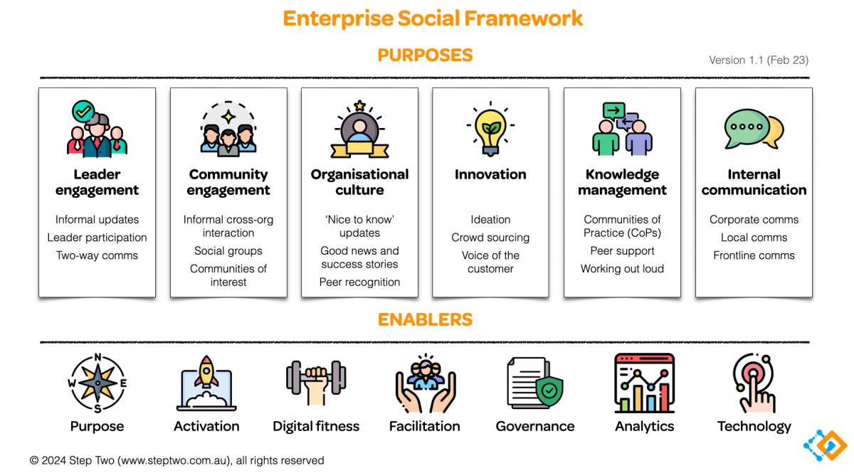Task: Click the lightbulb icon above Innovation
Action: click(490, 129)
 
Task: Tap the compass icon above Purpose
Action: click(97, 383)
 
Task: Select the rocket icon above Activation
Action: click(206, 383)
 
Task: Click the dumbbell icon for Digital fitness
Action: click(316, 383)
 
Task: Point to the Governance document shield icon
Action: click(535, 383)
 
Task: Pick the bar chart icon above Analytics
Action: click(644, 383)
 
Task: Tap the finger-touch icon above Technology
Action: click(754, 383)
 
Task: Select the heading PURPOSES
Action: click(425, 55)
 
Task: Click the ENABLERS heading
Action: click(425, 320)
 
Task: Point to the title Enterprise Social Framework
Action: click(433, 18)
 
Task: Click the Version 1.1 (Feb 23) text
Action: click(759, 60)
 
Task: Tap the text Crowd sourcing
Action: click(490, 238)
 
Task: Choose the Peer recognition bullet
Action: click(359, 282)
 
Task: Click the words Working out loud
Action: click(622, 269)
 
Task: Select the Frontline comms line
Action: click(754, 255)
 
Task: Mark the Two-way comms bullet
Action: click(97, 255)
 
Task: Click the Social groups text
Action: click(228, 251)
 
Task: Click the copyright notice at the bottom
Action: click(176, 460)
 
